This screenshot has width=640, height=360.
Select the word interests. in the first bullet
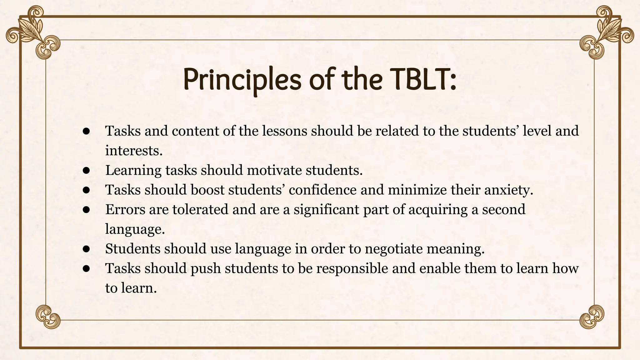[x=134, y=151]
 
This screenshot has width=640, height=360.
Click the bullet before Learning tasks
[x=87, y=171]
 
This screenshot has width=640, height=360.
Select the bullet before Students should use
[x=87, y=249]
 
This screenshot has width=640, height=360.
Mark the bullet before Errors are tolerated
[x=87, y=210]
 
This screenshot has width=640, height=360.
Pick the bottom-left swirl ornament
[x=47, y=317]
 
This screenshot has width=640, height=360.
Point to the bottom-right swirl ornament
[x=592, y=317]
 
